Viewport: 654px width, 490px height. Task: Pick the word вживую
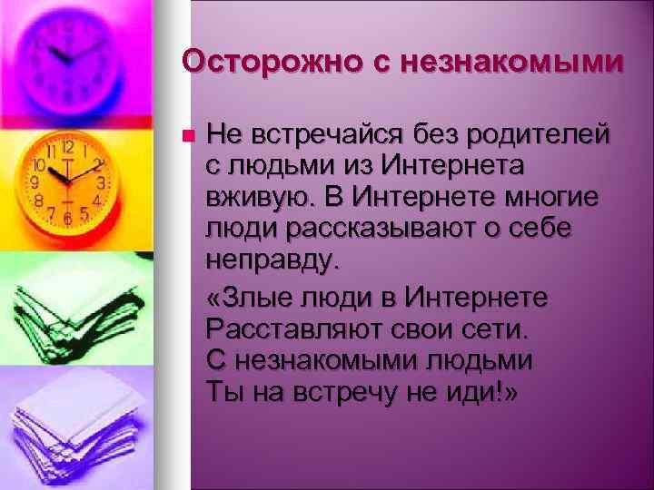point(253,197)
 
